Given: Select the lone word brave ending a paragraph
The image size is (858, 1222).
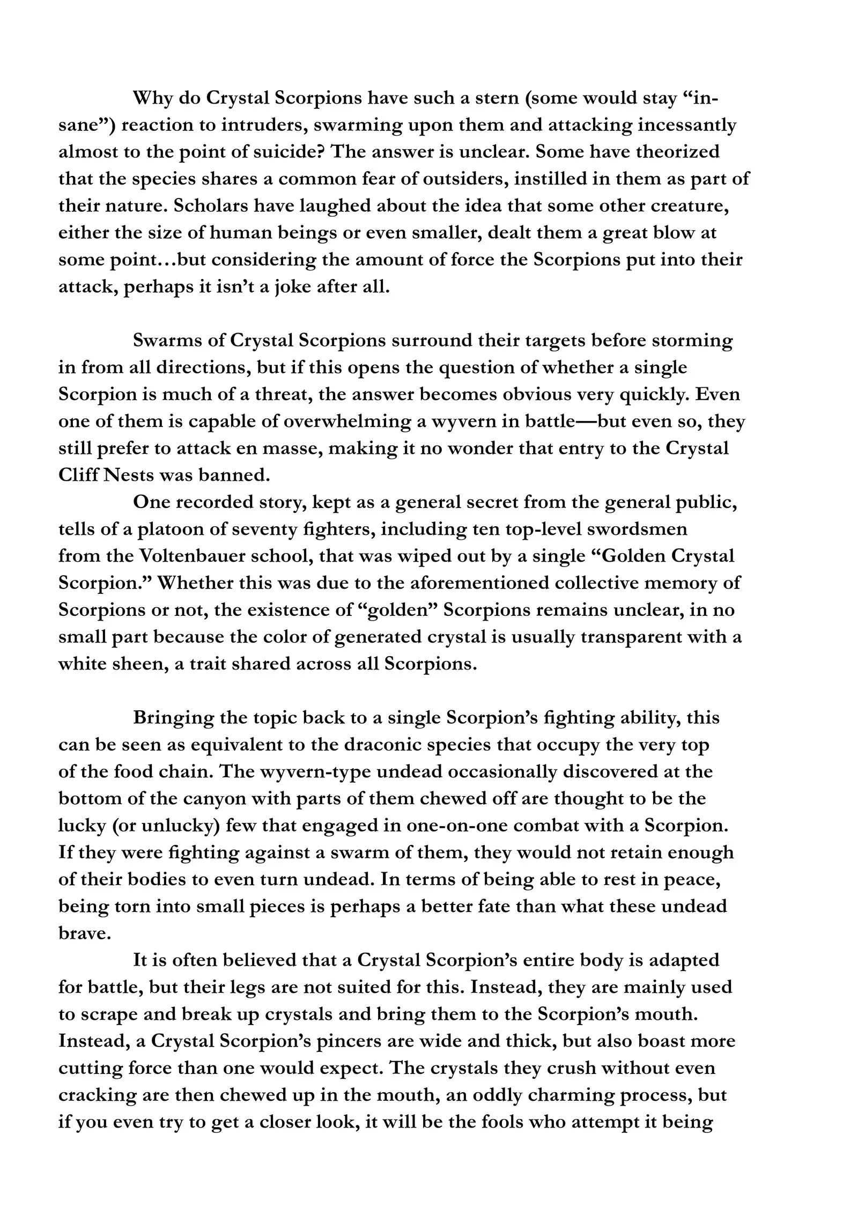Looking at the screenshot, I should (x=84, y=933).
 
